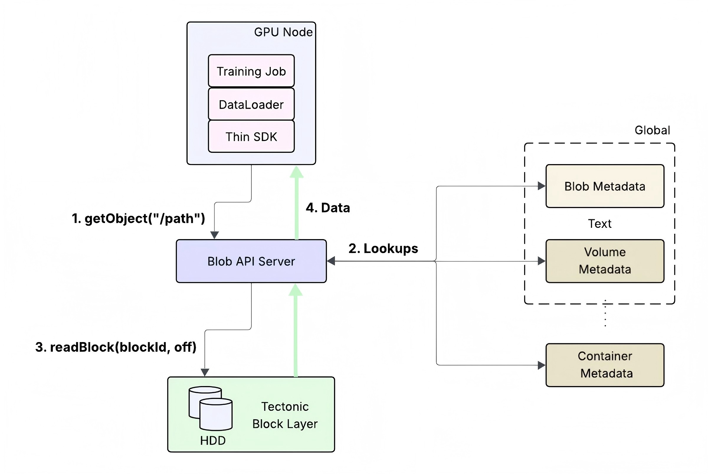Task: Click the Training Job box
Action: click(251, 71)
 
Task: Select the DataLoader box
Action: click(251, 104)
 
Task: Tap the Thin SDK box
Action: click(251, 137)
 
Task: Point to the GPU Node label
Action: click(283, 32)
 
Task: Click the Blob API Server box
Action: click(251, 261)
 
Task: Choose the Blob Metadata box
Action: click(605, 186)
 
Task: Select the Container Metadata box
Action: click(605, 365)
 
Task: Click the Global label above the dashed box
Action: click(652, 130)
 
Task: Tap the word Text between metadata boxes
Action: click(599, 224)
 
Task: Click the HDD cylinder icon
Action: click(211, 408)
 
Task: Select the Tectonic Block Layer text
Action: click(285, 415)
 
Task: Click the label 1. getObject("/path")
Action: click(138, 218)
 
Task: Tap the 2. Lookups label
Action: click(383, 249)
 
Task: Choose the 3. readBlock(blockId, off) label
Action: click(116, 347)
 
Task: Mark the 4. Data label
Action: click(328, 208)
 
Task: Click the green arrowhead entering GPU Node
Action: click(297, 172)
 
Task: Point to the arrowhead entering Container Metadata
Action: click(542, 365)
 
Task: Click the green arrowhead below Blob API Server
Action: click(296, 290)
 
